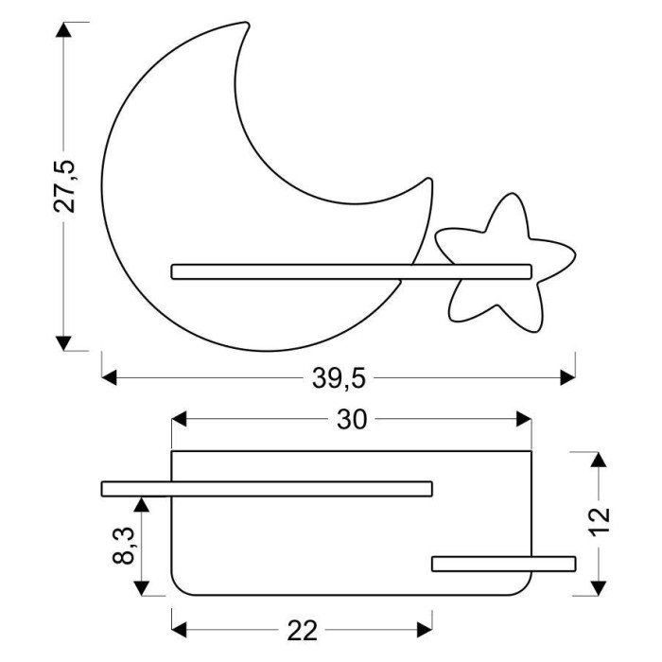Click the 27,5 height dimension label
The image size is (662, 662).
pos(64,186)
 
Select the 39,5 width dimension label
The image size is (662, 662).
pos(339,378)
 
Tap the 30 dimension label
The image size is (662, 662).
pos(352,420)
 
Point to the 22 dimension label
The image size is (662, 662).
pos(302,631)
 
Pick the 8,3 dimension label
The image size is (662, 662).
pos(123,546)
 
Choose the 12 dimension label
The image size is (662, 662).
pos(600,521)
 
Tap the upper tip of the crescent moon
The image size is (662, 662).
pos(246,24)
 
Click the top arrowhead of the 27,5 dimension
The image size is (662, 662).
pos(63,30)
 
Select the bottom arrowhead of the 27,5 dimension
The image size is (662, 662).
pos(63,343)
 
